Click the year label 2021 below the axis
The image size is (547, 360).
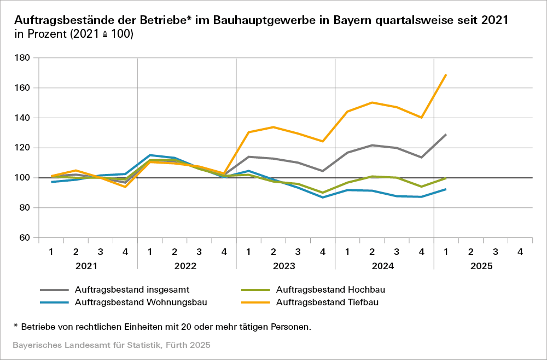pos(88,266)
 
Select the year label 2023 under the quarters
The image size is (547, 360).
pos(285,266)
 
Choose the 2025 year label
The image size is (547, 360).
pos(481,266)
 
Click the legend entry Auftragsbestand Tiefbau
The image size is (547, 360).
pos(328,301)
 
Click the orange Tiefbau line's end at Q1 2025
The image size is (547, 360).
pos(446,74)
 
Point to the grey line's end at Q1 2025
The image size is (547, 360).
pos(446,135)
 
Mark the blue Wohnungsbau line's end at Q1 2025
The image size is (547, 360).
pos(446,189)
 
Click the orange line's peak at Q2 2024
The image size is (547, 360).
pos(372,102)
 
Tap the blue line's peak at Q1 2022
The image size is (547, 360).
pos(150,155)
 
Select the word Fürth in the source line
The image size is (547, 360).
pos(166,346)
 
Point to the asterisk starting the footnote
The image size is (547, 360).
pos(16,327)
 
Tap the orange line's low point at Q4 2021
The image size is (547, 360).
pos(125,187)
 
